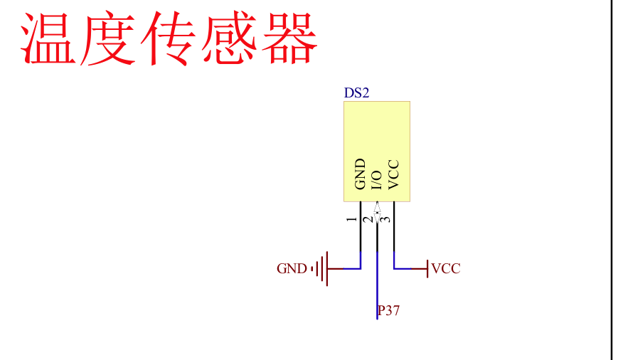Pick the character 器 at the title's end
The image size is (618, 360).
pos(288,39)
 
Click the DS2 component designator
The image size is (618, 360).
pos(356,93)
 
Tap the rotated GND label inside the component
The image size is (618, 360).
pos(360,174)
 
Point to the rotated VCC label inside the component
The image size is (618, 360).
pos(395,175)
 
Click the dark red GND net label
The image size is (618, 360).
pos(292,269)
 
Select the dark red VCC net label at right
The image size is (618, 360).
pos(446,269)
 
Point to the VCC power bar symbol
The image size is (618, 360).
pos(427,269)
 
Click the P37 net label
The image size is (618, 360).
pos(389,310)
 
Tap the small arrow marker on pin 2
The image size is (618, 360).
pos(377,211)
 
